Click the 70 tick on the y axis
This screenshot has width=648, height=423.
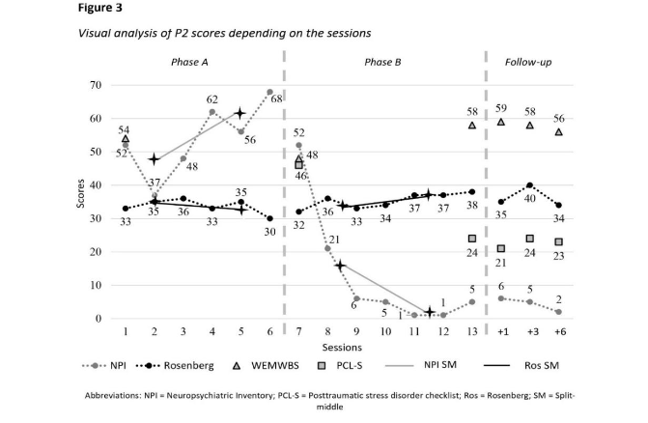(x=95, y=85)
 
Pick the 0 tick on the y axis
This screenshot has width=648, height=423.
(x=99, y=319)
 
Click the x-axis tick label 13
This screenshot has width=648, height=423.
(x=470, y=331)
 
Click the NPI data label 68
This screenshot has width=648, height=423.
(x=276, y=99)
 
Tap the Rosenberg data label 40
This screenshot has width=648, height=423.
(x=529, y=199)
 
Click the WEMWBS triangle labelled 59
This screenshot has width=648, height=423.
(x=500, y=122)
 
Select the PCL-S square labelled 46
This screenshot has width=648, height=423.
(x=299, y=165)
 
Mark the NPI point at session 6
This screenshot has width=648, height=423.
(x=269, y=92)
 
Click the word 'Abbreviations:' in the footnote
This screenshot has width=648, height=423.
(x=115, y=397)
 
